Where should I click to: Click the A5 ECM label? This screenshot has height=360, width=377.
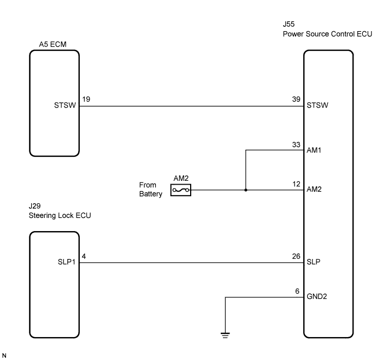coord(52,44)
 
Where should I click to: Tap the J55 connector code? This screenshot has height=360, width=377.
coord(289,24)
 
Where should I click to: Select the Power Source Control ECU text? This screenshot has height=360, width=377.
coord(327,34)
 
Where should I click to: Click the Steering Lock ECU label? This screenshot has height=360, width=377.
coord(60,216)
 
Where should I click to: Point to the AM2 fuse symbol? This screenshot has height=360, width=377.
coord(181,190)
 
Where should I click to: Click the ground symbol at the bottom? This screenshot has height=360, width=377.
coord(225,335)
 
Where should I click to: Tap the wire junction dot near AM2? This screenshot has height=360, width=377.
coord(246,190)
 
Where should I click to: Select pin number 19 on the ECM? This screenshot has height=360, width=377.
coord(86,99)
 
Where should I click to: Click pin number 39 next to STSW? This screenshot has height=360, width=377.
coord(296,99)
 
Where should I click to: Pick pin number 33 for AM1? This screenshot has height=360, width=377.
coord(296,145)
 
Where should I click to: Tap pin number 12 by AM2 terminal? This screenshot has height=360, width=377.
coord(297,184)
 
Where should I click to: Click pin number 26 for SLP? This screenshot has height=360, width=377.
coord(296,256)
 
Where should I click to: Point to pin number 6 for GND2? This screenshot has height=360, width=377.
coord(297,291)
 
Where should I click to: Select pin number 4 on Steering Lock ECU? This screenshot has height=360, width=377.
coord(84,256)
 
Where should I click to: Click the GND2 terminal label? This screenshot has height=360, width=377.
coord(317,297)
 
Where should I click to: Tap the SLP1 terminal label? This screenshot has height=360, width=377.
coord(67,262)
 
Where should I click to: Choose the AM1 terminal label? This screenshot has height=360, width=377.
coord(314,150)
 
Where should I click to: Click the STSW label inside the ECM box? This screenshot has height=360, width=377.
coord(65,105)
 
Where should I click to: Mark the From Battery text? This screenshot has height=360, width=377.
coord(151,190)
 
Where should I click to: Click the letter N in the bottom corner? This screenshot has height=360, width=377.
coord(4,356)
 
